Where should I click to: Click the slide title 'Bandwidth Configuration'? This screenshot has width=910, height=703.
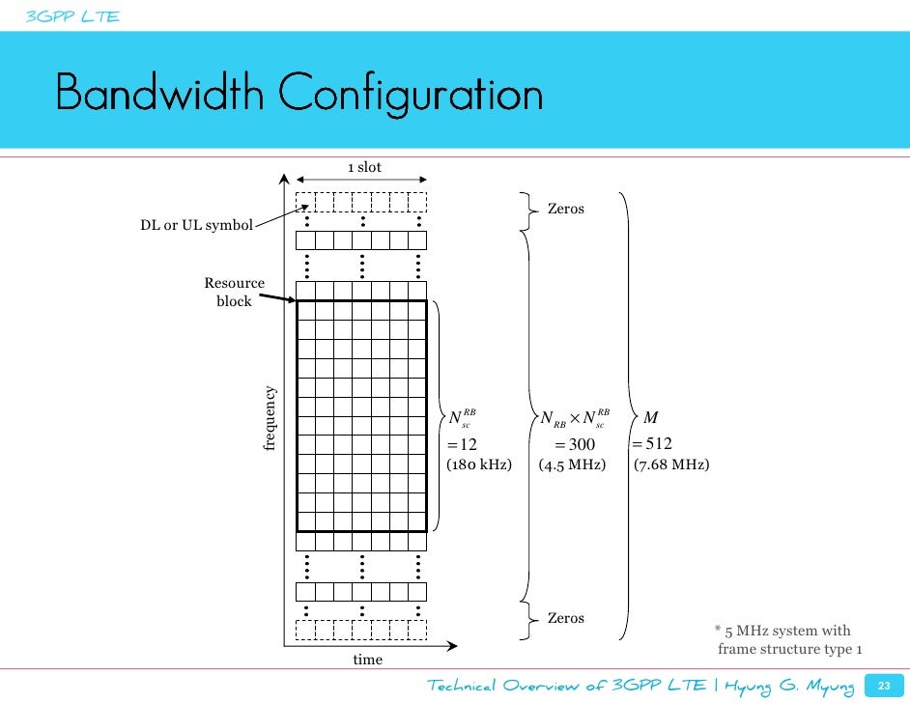point(299,95)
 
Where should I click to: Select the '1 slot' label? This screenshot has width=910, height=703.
point(364,167)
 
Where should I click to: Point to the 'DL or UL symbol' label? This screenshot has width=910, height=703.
point(196,226)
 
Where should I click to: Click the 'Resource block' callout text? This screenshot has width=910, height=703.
point(234,292)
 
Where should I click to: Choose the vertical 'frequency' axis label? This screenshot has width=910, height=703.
point(270,418)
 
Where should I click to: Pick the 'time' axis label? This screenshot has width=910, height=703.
point(367,660)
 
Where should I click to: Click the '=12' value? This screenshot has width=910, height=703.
point(462,444)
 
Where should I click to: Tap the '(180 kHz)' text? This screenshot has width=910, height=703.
point(478,464)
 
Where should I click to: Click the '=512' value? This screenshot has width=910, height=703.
point(652,443)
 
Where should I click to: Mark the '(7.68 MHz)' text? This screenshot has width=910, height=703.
point(671,464)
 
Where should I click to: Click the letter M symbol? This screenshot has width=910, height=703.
point(650,417)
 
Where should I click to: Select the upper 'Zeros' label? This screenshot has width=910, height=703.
point(565,208)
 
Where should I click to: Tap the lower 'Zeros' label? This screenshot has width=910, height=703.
point(565,617)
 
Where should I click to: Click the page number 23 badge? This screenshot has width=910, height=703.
point(880,685)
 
